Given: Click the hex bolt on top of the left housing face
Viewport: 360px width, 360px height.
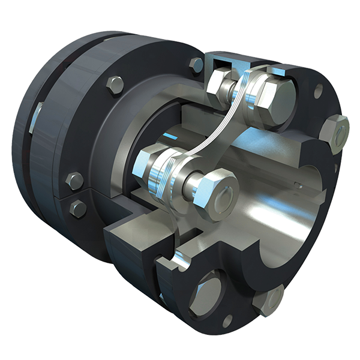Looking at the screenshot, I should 115,85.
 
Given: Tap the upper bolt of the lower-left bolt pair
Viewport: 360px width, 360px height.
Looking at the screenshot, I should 75,181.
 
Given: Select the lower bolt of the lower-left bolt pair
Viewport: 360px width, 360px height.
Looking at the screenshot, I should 78,208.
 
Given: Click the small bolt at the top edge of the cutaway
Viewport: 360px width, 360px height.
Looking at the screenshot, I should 196,65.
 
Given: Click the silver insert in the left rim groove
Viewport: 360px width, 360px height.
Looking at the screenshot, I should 36,118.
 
